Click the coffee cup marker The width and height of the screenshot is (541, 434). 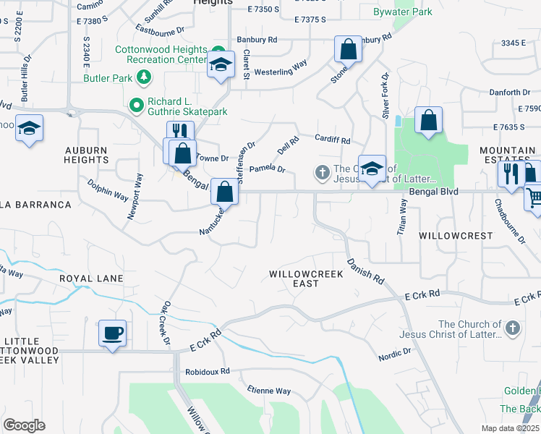112,333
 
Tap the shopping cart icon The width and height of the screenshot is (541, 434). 534,197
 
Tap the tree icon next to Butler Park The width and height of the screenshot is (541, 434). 144,76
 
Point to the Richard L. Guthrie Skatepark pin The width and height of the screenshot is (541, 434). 135,106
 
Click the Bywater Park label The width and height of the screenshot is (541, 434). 402,12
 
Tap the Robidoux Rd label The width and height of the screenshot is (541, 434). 206,371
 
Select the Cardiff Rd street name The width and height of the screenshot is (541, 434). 332,140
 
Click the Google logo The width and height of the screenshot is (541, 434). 25,425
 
